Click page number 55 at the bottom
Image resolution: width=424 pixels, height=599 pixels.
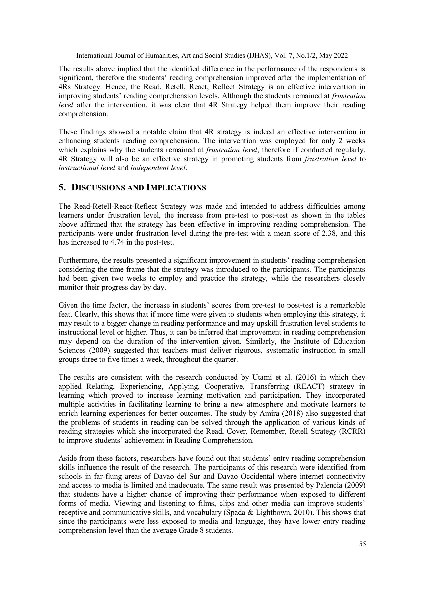click(x=362, y=544)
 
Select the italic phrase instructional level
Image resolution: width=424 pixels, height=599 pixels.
click(x=87, y=168)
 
